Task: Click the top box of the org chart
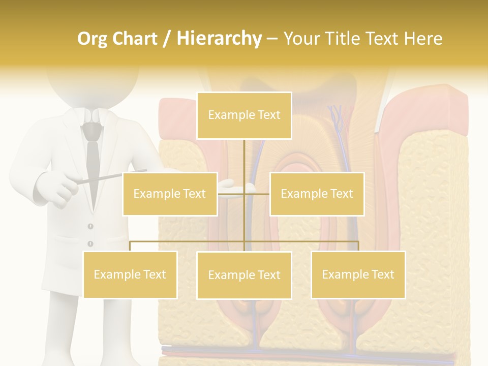click(244, 115)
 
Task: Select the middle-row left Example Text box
click(170, 194)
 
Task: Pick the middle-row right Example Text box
click(317, 194)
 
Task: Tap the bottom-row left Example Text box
click(130, 274)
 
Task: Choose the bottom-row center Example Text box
click(244, 275)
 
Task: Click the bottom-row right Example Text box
click(358, 274)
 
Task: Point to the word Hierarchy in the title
click(219, 39)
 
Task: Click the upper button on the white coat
click(90, 226)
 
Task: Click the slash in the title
click(167, 39)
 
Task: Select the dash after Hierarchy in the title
click(272, 39)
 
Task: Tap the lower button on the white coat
click(90, 243)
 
